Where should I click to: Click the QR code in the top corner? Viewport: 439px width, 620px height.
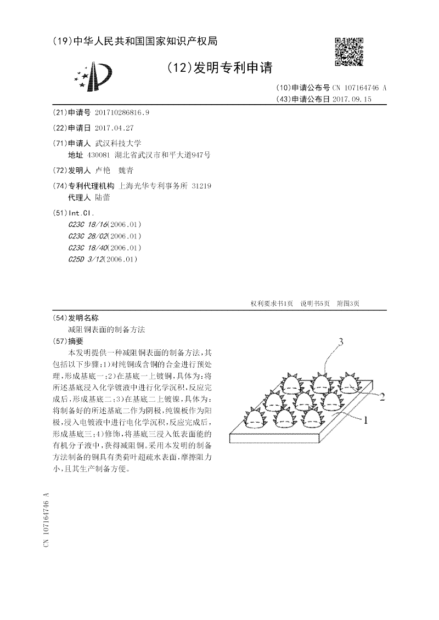[x=349, y=52]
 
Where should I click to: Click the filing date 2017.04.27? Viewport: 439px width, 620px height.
[x=114, y=128]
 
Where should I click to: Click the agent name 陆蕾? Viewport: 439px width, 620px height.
[x=103, y=197]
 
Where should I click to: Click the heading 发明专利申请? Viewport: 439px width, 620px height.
[x=219, y=67]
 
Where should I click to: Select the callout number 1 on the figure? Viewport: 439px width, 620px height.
[x=363, y=420]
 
